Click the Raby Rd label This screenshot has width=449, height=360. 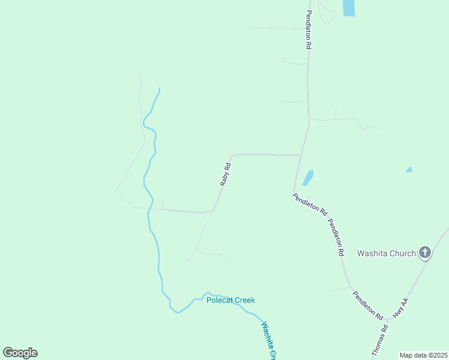(225, 173)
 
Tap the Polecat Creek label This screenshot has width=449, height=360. (231, 300)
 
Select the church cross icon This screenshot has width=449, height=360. (425, 253)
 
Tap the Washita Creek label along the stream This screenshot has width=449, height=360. (268, 341)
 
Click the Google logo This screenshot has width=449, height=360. (20, 353)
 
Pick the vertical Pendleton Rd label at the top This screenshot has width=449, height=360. (309, 29)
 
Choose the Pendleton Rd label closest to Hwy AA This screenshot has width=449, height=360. (367, 304)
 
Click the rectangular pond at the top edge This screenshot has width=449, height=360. (348, 7)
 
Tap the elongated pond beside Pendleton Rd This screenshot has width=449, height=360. (308, 178)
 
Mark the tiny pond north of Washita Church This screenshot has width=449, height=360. (409, 170)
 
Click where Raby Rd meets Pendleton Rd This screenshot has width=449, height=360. (300, 155)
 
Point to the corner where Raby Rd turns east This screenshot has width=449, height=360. (232, 156)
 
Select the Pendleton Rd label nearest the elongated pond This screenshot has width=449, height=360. (310, 204)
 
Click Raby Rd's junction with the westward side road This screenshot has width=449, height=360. (213, 211)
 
